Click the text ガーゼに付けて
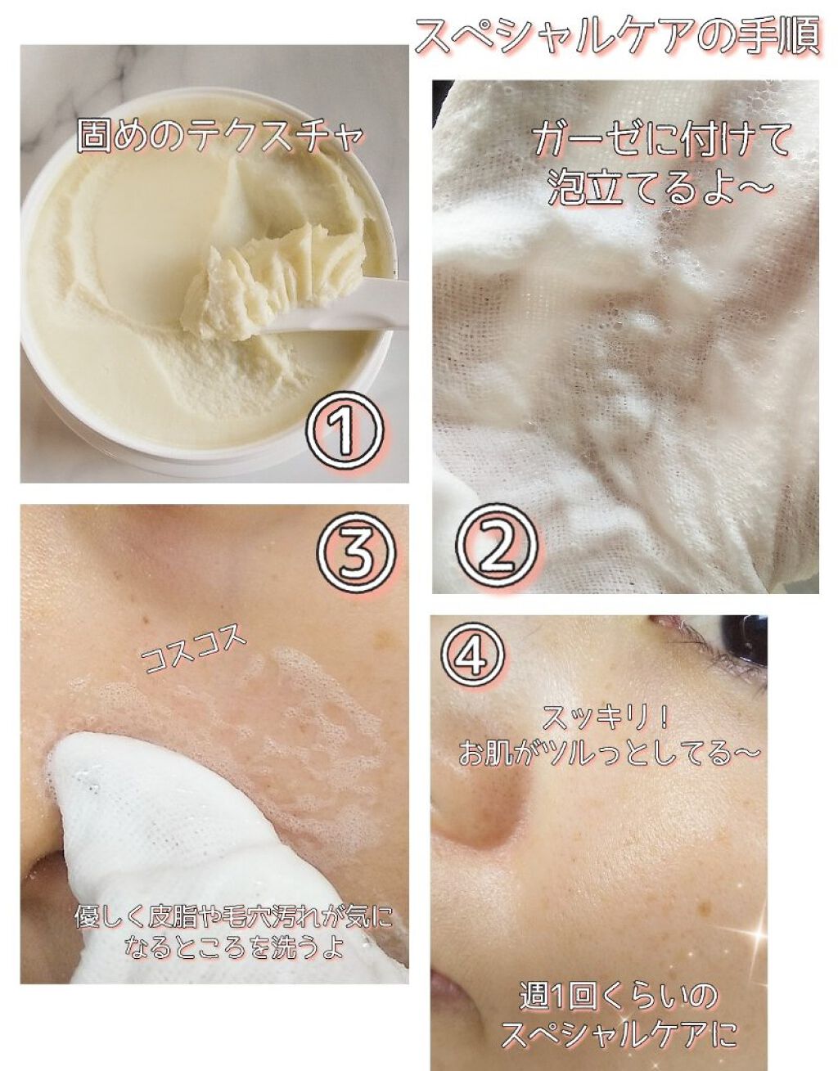pyautogui.click(x=660, y=142)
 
